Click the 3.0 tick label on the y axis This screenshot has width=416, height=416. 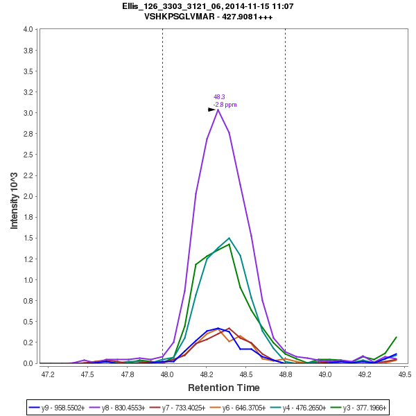coord(28,113)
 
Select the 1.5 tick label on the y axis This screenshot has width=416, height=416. coord(28,239)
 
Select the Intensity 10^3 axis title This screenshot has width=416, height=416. coord(15,196)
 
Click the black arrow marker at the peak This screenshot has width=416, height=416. coord(211,110)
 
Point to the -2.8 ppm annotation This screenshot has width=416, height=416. coord(225,105)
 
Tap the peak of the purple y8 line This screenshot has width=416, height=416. coord(218,110)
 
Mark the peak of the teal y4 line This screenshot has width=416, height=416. coord(229,238)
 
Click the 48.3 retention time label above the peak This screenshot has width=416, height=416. coord(218,97)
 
